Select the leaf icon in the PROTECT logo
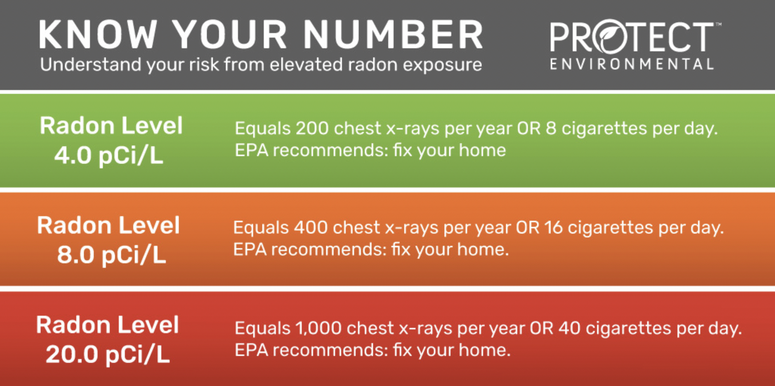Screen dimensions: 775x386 [611, 36]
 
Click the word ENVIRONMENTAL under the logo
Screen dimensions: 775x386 [632, 64]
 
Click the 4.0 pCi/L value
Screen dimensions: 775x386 [109, 155]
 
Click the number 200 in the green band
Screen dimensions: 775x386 [312, 128]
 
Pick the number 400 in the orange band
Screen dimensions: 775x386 [311, 228]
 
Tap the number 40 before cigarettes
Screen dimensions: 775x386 [569, 328]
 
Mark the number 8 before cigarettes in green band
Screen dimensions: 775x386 [551, 128]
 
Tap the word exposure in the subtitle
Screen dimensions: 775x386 [443, 65]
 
